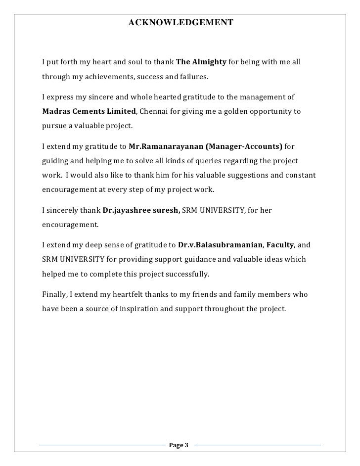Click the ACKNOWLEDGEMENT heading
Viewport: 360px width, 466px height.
pyautogui.click(x=181, y=23)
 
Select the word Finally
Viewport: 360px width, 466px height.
pyautogui.click(x=53, y=294)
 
